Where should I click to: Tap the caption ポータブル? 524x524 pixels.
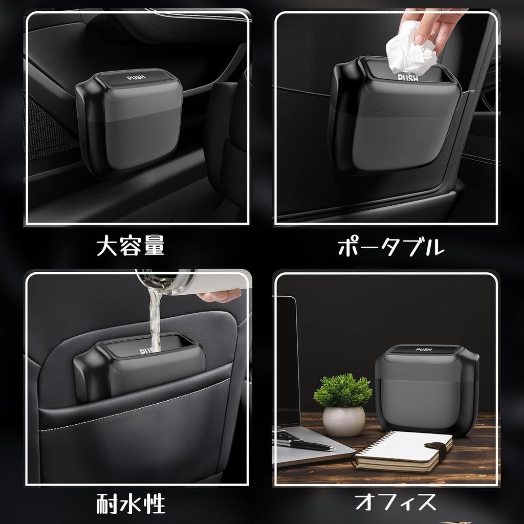point(390,248)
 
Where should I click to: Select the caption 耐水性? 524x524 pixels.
point(130,503)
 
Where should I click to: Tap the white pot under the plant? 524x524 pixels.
point(343,421)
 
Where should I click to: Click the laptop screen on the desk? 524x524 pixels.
point(287,358)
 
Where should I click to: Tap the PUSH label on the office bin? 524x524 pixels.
point(424,350)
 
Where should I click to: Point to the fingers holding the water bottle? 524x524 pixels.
point(220,295)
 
